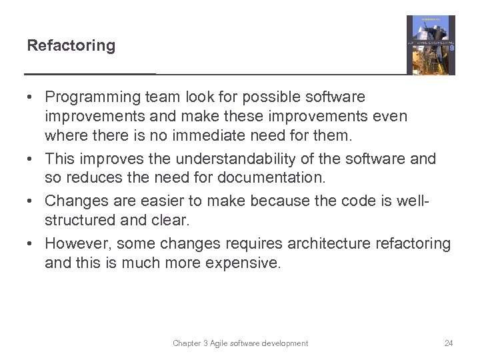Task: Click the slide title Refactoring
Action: click(x=71, y=46)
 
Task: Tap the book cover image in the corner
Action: click(x=431, y=45)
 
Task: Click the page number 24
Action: click(x=448, y=343)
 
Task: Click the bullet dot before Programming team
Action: click(x=31, y=98)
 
